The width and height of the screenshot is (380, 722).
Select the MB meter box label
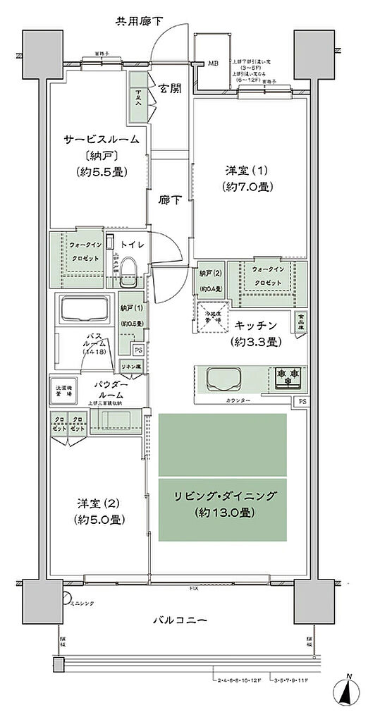coord(212,63)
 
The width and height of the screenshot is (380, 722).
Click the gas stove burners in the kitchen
coord(288,377)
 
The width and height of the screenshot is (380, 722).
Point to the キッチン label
coord(256,324)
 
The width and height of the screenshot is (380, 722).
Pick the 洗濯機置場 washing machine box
coord(62,389)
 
